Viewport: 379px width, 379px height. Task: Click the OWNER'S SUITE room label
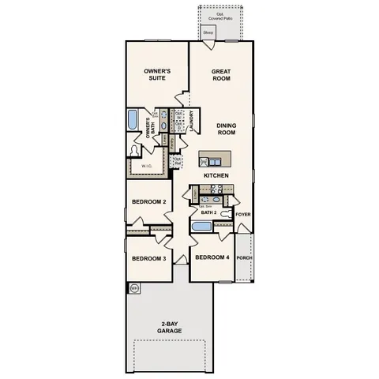coord(158,75)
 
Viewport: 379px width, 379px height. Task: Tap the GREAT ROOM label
coord(220,75)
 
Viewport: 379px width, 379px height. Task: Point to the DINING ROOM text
coord(227,129)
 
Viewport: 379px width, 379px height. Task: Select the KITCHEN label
coord(216,174)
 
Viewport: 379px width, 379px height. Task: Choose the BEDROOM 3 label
coord(148,259)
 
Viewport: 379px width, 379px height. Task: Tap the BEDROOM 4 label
coord(212,258)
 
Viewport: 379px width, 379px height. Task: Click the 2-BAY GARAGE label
coord(168,327)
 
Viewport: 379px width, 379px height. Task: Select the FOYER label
coord(243,213)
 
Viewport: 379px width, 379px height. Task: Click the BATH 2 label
coord(208,213)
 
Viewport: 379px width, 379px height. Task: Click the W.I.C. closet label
coord(147,167)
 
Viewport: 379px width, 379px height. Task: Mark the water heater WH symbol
coord(134,289)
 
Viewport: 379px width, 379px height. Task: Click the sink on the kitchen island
coord(205,162)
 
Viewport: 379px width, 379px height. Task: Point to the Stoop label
coord(208,32)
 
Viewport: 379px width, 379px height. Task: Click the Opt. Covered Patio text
coord(221,16)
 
